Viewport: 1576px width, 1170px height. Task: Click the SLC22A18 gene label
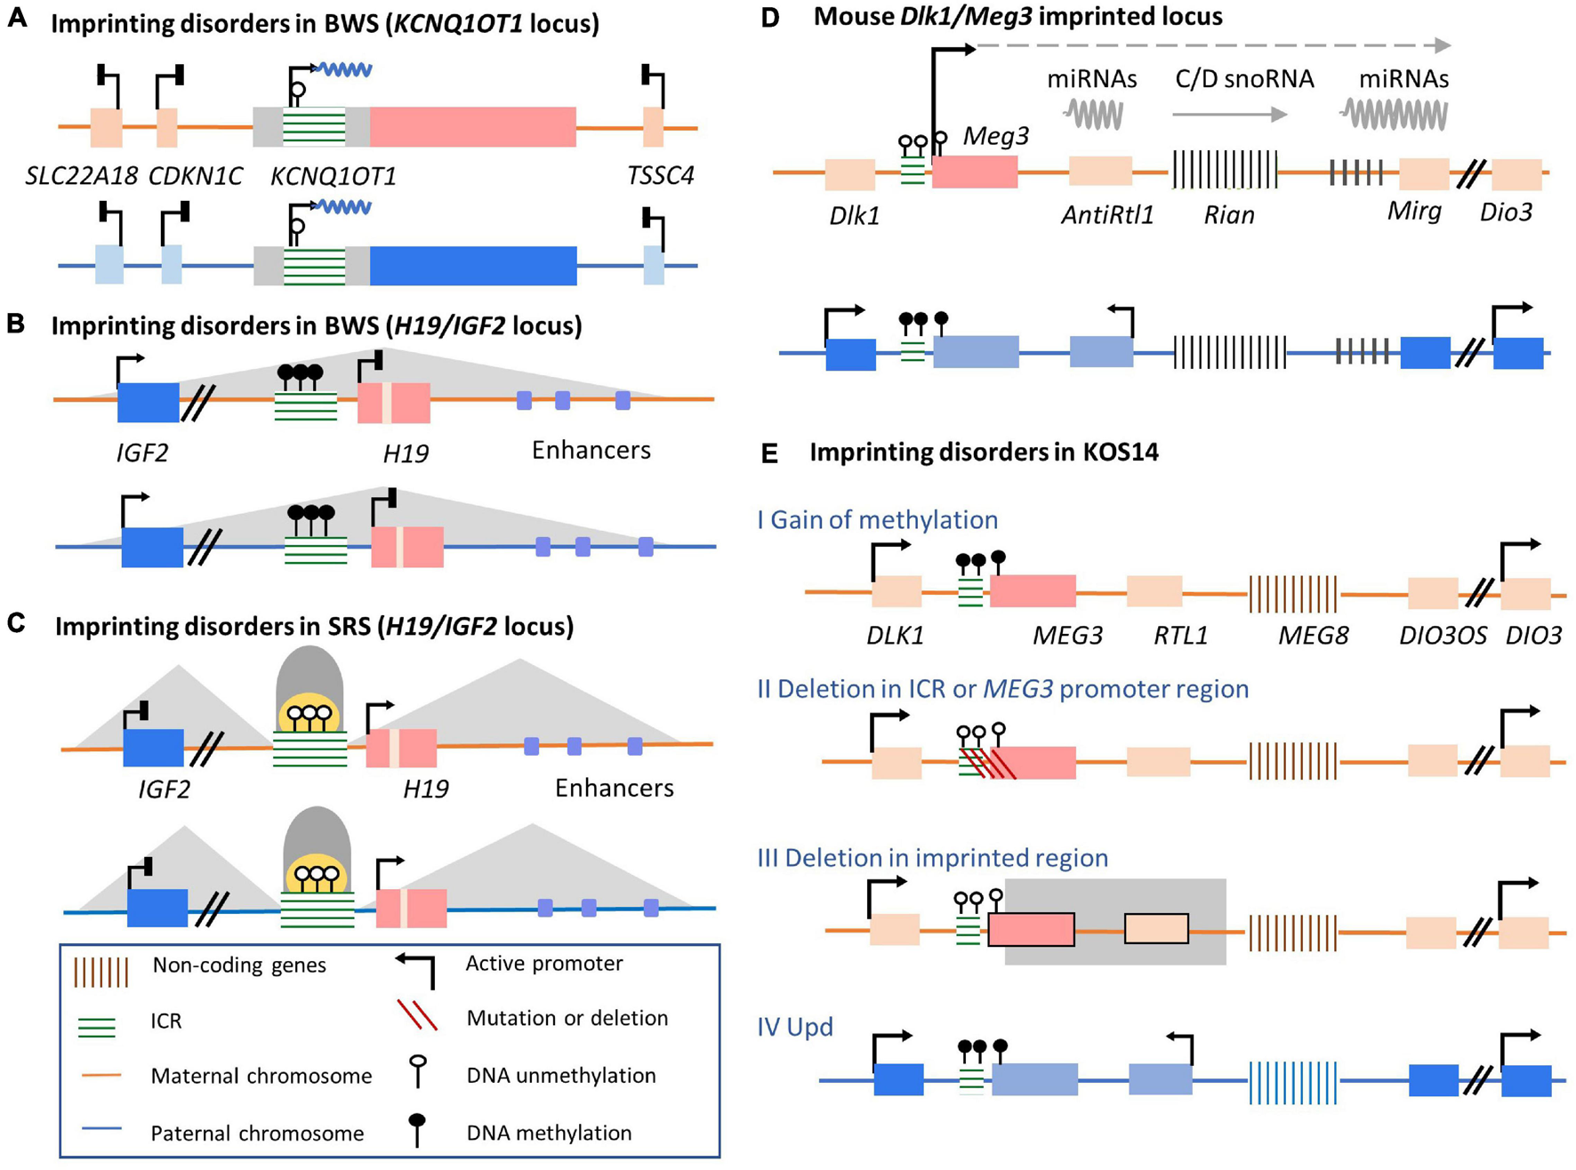tap(81, 175)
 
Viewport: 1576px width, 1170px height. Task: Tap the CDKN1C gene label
tap(195, 175)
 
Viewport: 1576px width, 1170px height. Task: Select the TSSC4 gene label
tap(660, 175)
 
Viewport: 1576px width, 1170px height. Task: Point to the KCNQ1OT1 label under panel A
tap(334, 175)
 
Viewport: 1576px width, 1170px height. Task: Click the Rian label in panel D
tap(1229, 215)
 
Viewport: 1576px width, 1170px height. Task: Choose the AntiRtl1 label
tap(1106, 215)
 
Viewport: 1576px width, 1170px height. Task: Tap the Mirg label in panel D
tap(1414, 212)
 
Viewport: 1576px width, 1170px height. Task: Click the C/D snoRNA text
tap(1244, 79)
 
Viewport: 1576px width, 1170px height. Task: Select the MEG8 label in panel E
tap(1313, 636)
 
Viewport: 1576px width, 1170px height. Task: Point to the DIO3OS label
tap(1443, 636)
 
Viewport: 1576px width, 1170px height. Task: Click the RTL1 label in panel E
tap(1180, 636)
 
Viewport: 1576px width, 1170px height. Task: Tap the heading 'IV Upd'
tap(795, 1027)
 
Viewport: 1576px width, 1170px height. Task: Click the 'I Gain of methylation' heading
tap(877, 519)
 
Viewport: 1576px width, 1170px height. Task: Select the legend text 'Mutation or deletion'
tap(567, 1018)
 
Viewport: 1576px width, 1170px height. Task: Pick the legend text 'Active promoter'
tap(544, 963)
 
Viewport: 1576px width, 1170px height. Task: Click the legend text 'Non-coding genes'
tap(239, 965)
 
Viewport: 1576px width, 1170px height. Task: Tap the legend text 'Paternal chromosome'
tap(257, 1133)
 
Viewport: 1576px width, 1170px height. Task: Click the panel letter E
tap(769, 453)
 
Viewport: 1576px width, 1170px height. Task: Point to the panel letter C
tap(16, 624)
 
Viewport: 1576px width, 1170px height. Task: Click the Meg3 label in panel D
tap(996, 136)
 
